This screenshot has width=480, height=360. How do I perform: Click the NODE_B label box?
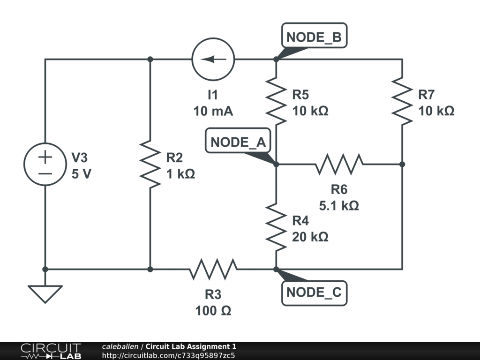[x=314, y=37]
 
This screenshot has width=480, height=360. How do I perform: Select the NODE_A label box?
[x=238, y=142]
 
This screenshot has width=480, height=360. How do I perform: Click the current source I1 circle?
[x=213, y=60]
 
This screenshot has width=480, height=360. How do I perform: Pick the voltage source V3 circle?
[x=45, y=164]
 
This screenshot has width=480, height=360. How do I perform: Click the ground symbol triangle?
[x=45, y=293]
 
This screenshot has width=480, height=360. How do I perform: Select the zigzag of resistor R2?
[x=150, y=164]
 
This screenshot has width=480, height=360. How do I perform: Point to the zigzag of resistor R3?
[x=213, y=269]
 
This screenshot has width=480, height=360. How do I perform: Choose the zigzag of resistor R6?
[x=339, y=164]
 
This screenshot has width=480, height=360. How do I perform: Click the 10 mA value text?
[x=213, y=112]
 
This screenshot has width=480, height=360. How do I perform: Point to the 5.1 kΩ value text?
[x=339, y=205]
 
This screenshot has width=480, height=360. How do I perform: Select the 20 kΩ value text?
[x=310, y=237]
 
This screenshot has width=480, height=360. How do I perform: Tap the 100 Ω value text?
[x=213, y=310]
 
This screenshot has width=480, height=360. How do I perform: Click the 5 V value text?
[x=82, y=174]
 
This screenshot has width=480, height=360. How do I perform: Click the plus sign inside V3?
[x=45, y=157]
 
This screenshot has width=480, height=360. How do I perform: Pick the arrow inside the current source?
[x=213, y=60]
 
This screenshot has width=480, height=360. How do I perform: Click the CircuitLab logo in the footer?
[x=51, y=351]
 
